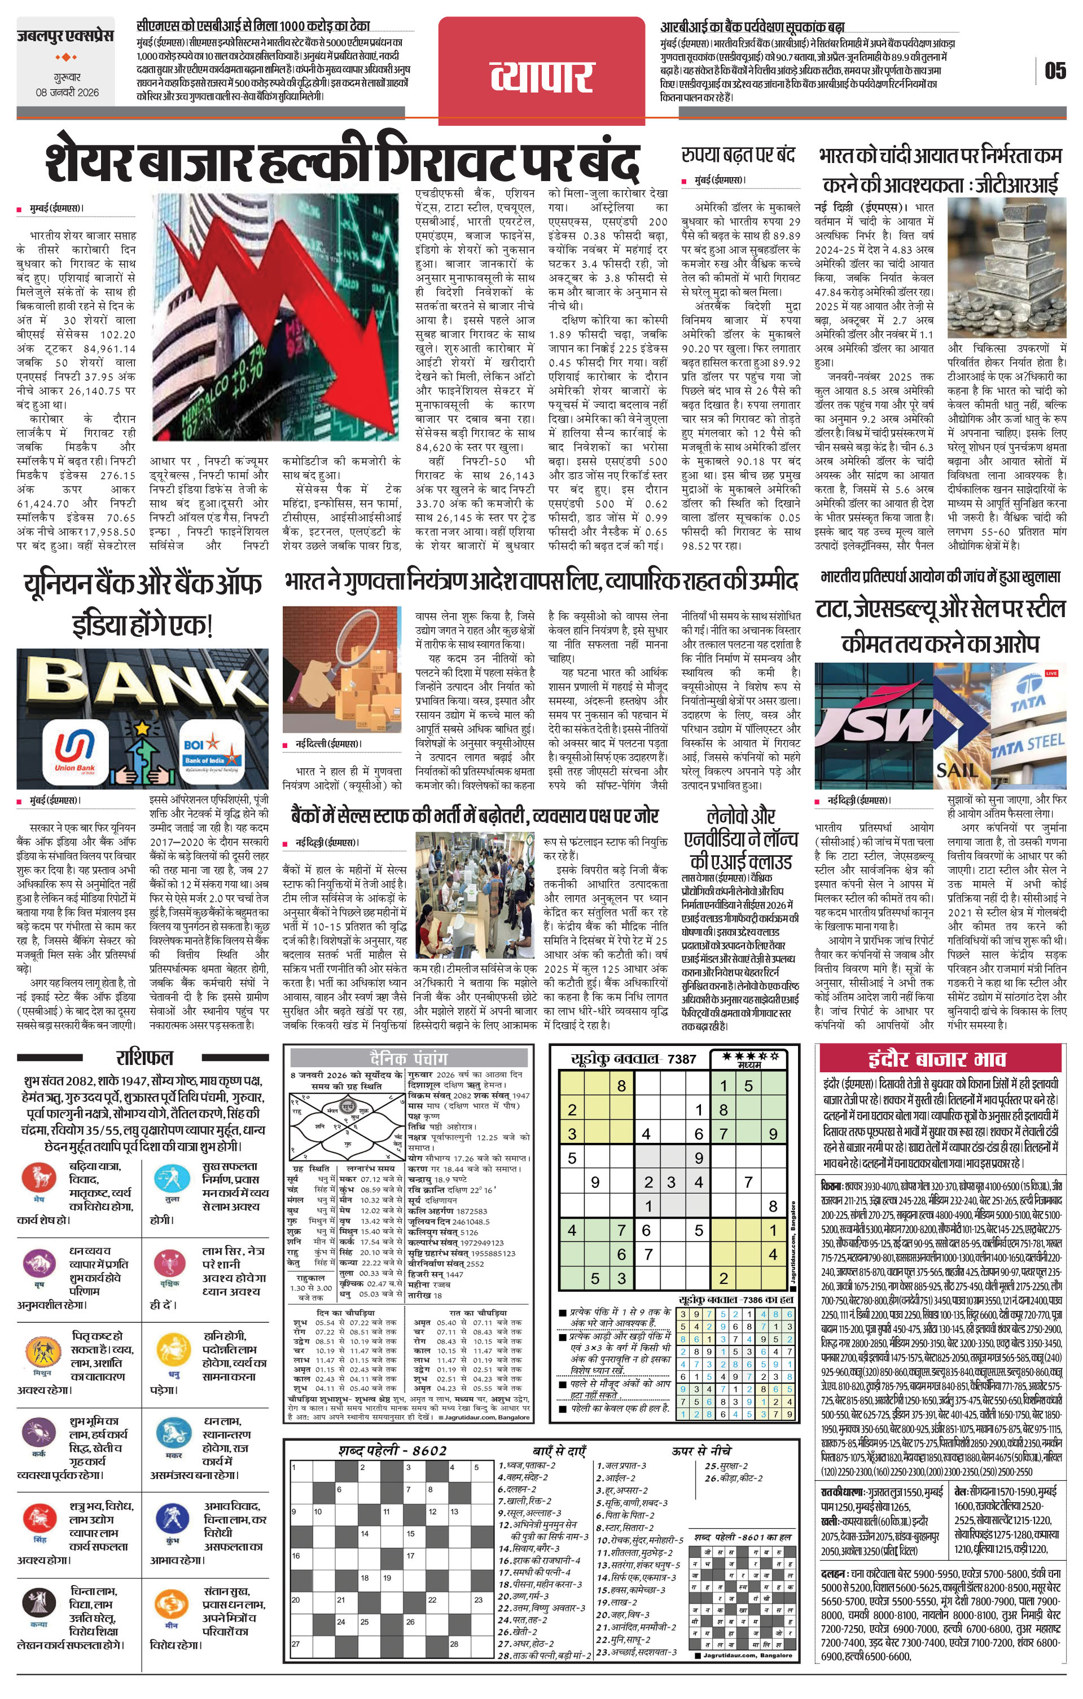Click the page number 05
pyautogui.click(x=1055, y=71)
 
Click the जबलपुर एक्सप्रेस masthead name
pyautogui.click(x=65, y=36)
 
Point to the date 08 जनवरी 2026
pyautogui.click(x=68, y=93)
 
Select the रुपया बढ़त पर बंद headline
pyautogui.click(x=738, y=155)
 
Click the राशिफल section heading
pyautogui.click(x=144, y=1057)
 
